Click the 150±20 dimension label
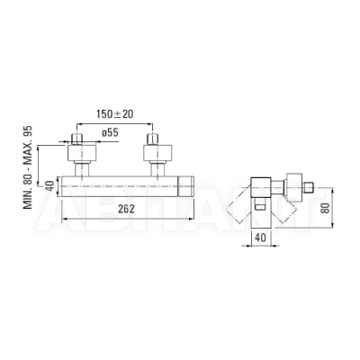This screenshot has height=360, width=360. click(x=115, y=114)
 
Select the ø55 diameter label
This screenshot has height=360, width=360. click(x=110, y=132)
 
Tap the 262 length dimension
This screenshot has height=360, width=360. click(x=126, y=209)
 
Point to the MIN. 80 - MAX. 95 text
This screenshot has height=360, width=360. click(x=28, y=167)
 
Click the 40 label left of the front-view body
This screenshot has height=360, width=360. click(x=50, y=185)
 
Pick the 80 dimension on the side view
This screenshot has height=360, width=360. click(x=325, y=208)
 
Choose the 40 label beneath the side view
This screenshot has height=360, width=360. click(x=260, y=238)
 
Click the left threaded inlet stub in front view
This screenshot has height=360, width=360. click(x=77, y=139)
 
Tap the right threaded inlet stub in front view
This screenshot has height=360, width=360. click(x=152, y=139)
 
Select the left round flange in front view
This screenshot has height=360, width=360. click(x=82, y=153)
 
